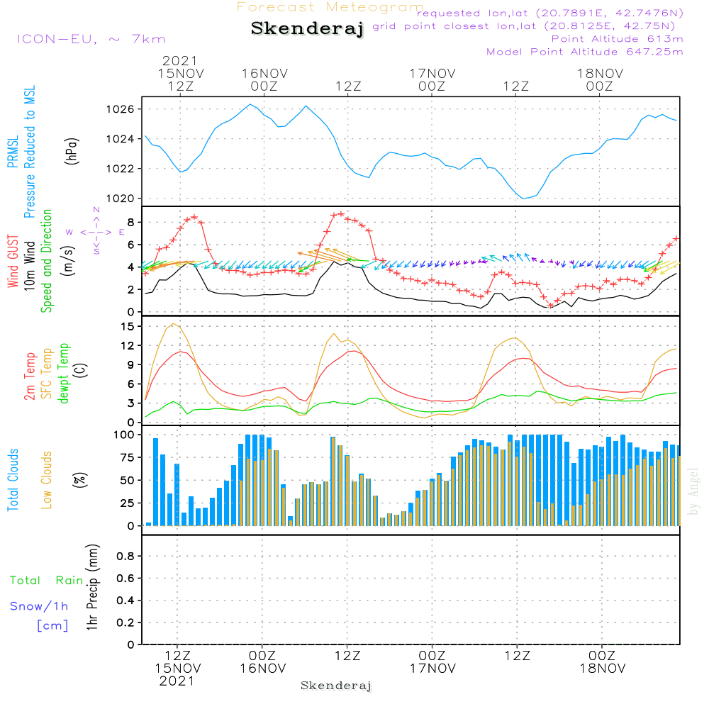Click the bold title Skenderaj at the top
point(307,29)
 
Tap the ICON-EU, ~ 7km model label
point(91,39)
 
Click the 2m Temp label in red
point(30,376)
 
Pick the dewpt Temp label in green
point(63,374)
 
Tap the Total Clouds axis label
point(13,480)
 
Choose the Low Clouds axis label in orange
point(47,479)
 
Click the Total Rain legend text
point(47,580)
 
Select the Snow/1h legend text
point(40,606)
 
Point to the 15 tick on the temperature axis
point(128,326)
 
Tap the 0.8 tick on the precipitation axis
point(125,557)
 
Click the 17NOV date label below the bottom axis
point(432,669)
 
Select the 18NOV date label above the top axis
point(599,73)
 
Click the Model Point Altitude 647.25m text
point(585,52)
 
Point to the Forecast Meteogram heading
point(330,7)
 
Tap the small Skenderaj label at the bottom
point(336,686)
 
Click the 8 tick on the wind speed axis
point(131,222)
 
